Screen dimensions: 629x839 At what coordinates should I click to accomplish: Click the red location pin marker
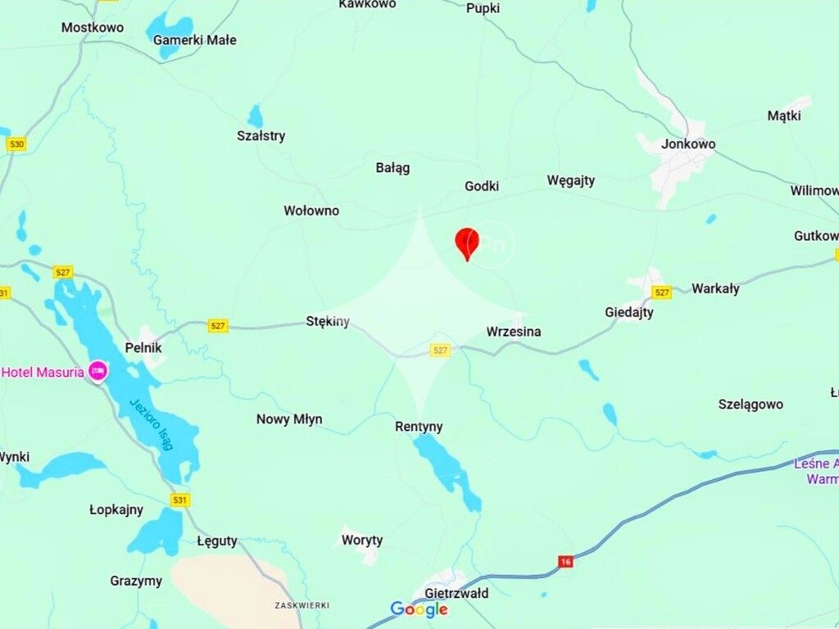point(467,243)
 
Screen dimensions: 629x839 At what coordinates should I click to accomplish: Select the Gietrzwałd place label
point(456,593)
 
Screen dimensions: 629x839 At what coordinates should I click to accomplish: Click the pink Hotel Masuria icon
point(98,372)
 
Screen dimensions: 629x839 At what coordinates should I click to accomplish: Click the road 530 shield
point(16,144)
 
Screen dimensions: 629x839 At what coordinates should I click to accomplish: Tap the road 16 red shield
point(565,561)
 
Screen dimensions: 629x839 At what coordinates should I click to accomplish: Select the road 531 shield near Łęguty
point(180,500)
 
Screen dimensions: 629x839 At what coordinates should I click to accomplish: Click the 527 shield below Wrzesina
point(440,351)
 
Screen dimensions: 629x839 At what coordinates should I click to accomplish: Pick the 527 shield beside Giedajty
point(661,292)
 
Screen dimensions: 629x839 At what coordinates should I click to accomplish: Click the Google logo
point(419,609)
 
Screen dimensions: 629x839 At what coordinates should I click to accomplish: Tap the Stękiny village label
point(328,321)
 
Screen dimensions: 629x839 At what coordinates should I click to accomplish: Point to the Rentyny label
point(419,427)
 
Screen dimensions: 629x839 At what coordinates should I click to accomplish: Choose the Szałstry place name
point(261,136)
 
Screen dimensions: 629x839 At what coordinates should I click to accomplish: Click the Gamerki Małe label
point(195,39)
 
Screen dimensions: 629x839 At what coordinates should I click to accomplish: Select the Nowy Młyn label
point(289,419)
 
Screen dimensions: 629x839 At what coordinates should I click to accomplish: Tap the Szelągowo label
point(751,404)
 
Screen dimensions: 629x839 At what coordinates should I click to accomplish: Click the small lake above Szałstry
point(256,115)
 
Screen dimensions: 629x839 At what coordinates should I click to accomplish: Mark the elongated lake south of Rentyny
point(447,470)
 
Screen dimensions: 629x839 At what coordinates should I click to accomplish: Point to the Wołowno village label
point(311,210)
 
